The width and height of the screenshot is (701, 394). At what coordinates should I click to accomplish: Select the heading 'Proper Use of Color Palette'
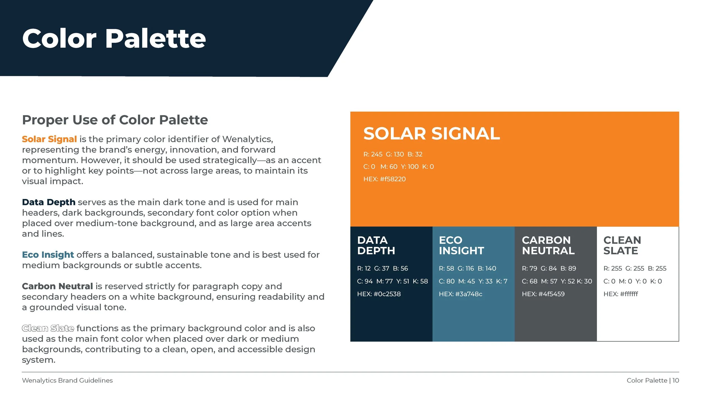click(x=115, y=120)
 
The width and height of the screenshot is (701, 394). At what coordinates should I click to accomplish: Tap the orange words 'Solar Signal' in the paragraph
click(x=49, y=139)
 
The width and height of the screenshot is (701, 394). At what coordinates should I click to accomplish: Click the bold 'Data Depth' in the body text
click(x=49, y=202)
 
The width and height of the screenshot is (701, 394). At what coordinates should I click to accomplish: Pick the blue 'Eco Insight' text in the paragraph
click(x=48, y=254)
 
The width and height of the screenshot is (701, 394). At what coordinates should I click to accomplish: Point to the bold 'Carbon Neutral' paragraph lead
click(x=57, y=286)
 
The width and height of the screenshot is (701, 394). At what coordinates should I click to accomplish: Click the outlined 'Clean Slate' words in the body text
click(x=48, y=328)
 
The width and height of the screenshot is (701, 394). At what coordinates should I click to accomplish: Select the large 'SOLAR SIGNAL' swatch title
click(x=432, y=133)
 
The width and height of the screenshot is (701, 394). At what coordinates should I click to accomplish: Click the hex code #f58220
click(x=393, y=179)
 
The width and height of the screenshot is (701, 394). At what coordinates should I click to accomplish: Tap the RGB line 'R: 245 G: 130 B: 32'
click(x=393, y=154)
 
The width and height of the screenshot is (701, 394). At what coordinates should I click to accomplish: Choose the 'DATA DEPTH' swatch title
click(x=376, y=245)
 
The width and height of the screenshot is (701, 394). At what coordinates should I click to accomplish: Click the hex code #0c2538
click(x=387, y=294)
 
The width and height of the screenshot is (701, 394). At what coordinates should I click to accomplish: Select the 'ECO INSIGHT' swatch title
click(x=461, y=245)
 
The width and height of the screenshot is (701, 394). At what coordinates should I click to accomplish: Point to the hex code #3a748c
click(x=469, y=294)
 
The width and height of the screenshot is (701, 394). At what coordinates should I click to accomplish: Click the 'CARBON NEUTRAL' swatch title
click(x=548, y=245)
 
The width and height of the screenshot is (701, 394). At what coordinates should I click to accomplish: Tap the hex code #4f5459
click(x=551, y=294)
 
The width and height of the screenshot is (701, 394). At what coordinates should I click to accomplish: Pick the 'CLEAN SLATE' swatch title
click(x=622, y=245)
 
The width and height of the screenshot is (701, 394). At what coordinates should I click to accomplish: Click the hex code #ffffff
click(x=629, y=294)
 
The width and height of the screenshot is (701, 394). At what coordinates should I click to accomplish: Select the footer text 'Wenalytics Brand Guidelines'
click(x=67, y=380)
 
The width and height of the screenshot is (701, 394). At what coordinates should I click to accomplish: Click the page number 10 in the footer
click(x=675, y=380)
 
